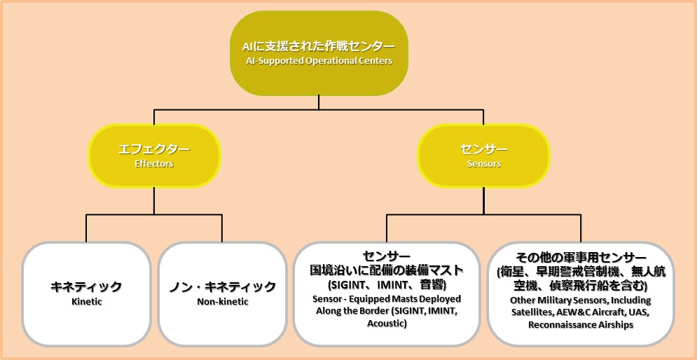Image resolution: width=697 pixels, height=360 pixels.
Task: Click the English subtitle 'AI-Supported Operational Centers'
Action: click(x=319, y=61)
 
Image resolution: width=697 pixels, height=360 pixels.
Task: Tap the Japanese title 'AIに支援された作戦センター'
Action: click(x=319, y=47)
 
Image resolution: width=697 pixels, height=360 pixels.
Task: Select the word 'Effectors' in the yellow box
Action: click(x=154, y=164)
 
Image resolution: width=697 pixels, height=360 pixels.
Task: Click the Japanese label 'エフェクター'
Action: click(x=154, y=149)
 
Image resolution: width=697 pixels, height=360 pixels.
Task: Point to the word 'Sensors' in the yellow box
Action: click(x=484, y=164)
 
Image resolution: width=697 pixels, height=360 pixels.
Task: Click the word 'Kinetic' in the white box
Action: click(x=87, y=301)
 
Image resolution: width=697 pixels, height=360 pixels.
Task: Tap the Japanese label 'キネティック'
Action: click(x=87, y=286)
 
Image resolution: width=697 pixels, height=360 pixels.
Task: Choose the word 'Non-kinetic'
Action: click(x=223, y=301)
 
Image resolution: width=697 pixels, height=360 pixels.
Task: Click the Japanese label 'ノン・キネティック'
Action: click(x=223, y=286)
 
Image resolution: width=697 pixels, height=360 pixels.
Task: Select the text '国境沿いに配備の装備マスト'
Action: click(x=387, y=270)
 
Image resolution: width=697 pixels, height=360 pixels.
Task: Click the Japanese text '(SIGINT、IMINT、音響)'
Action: click(x=387, y=284)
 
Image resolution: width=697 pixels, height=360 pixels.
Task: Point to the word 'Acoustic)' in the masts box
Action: click(x=387, y=324)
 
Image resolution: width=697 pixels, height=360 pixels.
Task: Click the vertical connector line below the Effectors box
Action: click(x=154, y=201)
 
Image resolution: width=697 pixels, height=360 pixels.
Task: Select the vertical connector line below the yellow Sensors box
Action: click(x=484, y=201)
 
